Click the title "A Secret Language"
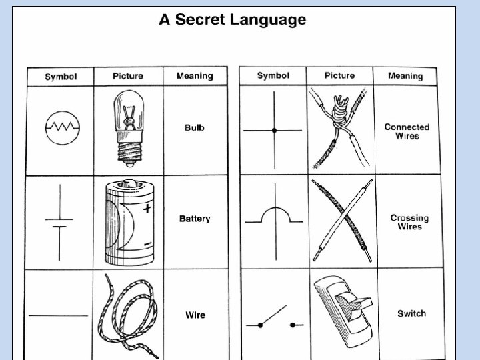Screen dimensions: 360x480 tap(232, 20)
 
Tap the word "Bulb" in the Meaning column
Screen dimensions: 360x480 tap(195, 127)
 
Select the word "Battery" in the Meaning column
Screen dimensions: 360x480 tap(195, 219)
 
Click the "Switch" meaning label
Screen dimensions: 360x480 tap(411, 313)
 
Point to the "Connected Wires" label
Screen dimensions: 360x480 tap(407, 131)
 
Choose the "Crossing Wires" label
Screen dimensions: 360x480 tap(409, 223)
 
